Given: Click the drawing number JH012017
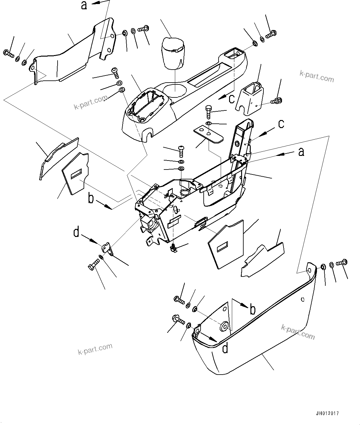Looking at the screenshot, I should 327,413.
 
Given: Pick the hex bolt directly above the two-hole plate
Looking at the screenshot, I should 208,111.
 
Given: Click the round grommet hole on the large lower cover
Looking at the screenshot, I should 224,326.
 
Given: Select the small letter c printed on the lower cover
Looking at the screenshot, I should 302,299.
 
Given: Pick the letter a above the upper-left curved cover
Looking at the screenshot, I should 84,6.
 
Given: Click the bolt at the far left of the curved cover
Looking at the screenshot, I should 8,54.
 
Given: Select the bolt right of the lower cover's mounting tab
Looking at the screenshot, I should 341,263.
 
